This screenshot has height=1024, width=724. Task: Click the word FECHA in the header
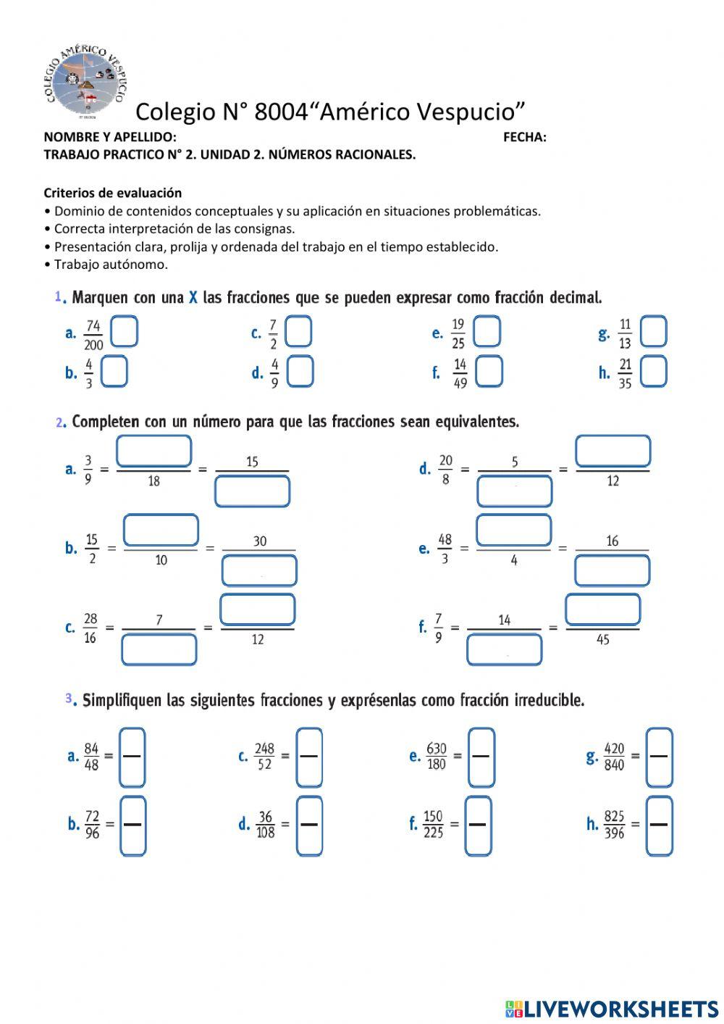(x=524, y=137)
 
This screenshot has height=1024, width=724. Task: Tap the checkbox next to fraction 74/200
(x=125, y=333)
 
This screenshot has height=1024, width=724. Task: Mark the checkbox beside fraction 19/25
(x=487, y=332)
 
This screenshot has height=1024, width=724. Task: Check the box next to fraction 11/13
(x=653, y=332)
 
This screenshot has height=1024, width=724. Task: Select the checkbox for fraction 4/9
(x=300, y=372)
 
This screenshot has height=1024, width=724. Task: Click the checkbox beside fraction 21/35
(x=653, y=372)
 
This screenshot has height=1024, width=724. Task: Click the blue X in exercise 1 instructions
(x=193, y=297)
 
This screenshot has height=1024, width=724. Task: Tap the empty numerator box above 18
(x=153, y=451)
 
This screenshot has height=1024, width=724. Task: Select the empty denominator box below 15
(x=252, y=491)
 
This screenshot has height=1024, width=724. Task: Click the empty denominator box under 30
(x=259, y=570)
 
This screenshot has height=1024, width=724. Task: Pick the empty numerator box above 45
(x=602, y=609)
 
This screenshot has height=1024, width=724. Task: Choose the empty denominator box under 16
(x=612, y=570)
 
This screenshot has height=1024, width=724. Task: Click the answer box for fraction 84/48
(x=132, y=757)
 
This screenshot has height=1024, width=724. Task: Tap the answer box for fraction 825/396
(x=659, y=825)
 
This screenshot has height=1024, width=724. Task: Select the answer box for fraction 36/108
(x=309, y=825)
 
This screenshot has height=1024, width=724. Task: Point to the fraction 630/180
(x=437, y=757)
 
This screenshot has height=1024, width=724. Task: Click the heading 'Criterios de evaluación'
(x=112, y=193)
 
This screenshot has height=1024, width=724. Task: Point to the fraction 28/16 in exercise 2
(x=90, y=628)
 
